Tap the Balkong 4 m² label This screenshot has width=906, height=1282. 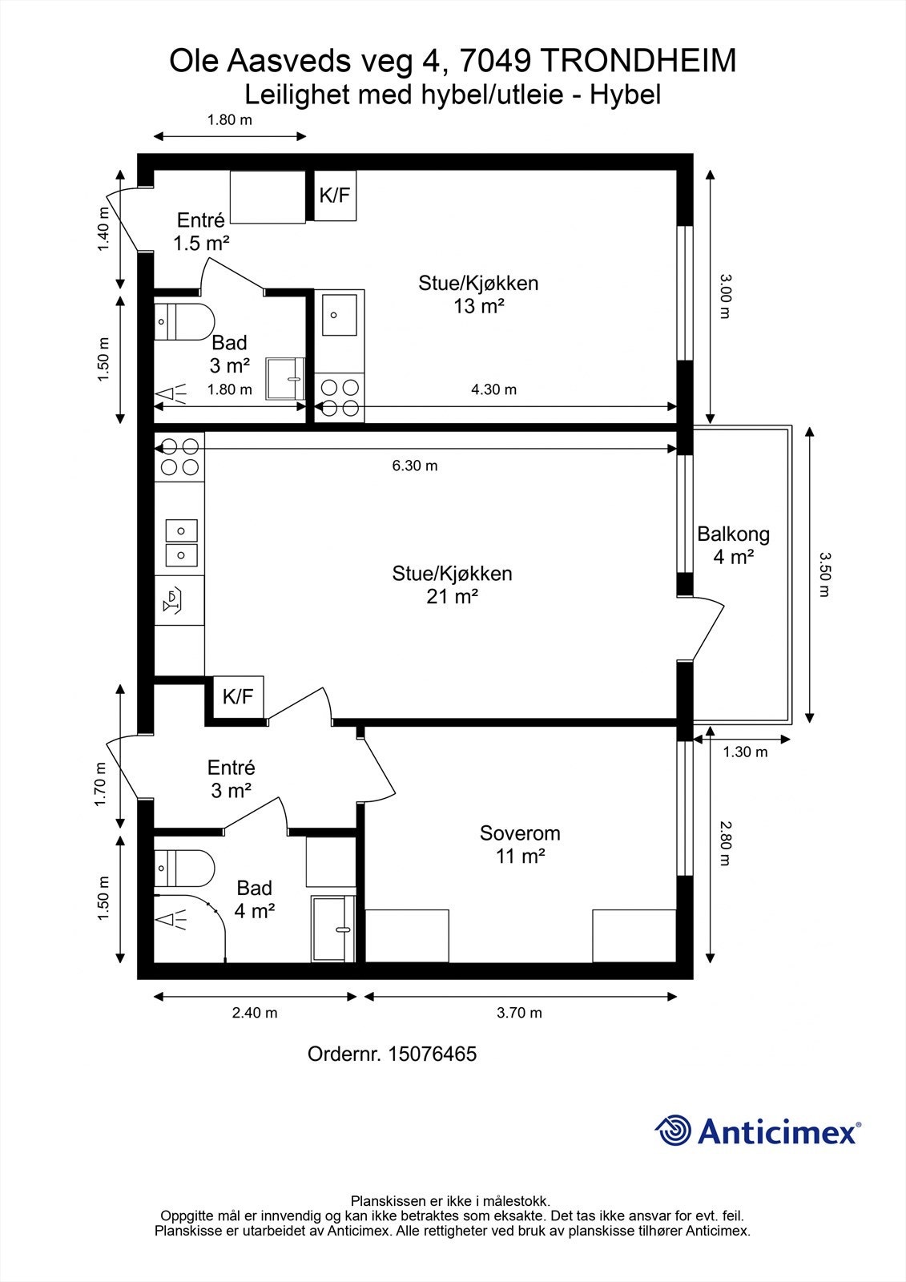pos(733,545)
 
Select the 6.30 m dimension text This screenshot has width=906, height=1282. pos(415,466)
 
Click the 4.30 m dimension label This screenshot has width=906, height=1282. pos(493,389)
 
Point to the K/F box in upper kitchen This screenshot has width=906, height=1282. pos(335,195)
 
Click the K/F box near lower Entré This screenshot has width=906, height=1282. pos(238,696)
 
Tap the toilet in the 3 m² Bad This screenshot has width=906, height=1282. pos(183,320)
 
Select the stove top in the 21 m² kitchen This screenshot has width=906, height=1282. pos(179,456)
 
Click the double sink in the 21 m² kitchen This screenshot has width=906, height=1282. pos(181,542)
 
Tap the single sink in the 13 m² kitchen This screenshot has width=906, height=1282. pos(340,313)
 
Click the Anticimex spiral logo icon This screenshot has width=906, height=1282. pos(673,1131)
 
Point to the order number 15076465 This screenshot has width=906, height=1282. pos(432,1054)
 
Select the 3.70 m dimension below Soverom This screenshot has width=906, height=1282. pos(519,1013)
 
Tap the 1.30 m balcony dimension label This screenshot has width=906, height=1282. pos(745,752)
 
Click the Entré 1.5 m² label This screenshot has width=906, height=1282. pos(201,232)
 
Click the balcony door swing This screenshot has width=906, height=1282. pos(709,629)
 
